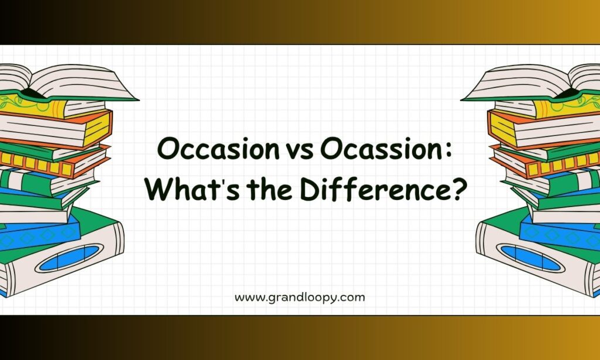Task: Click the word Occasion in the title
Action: (218, 149)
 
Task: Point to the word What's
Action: (192, 189)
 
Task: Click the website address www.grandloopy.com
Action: (299, 298)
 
